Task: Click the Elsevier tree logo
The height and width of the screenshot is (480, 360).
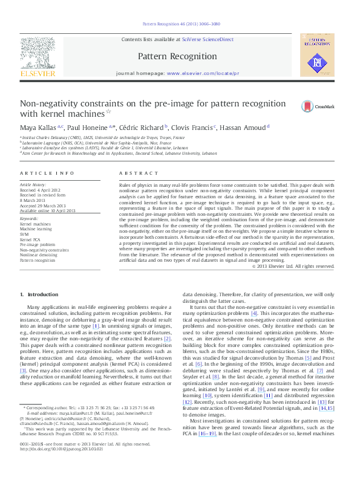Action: click(x=38, y=57)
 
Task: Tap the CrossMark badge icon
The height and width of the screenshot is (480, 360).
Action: click(x=291, y=106)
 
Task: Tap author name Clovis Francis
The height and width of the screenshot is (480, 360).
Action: click(x=190, y=127)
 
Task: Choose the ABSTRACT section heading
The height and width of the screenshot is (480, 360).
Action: click(x=135, y=174)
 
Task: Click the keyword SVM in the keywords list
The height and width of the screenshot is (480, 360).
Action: click(x=25, y=233)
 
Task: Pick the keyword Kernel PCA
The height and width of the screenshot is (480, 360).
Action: click(x=30, y=239)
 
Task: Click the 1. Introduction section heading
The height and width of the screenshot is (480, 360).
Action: click(x=39, y=294)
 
